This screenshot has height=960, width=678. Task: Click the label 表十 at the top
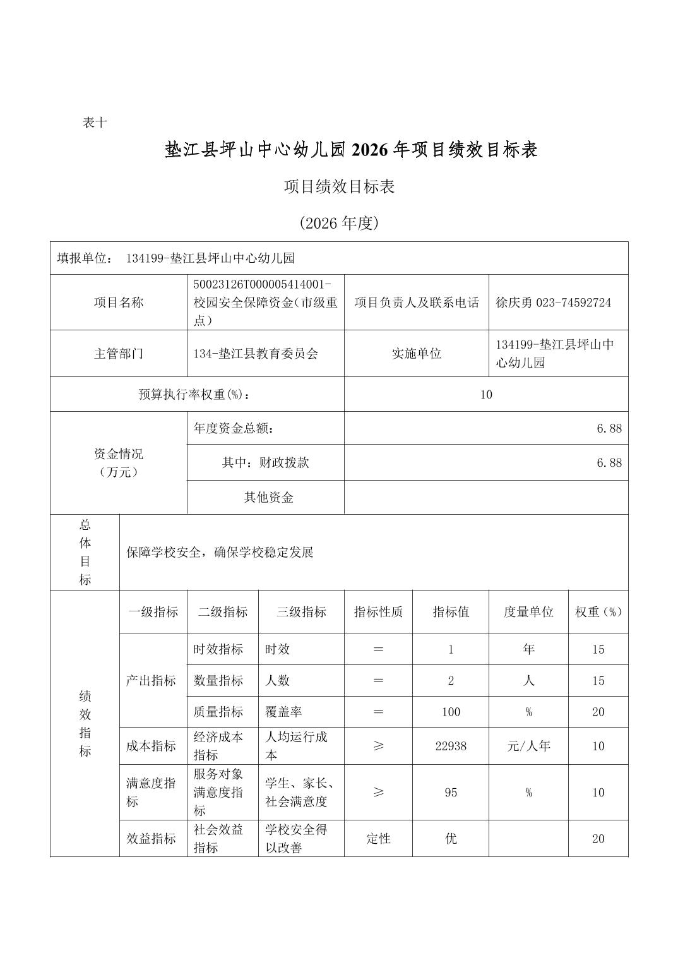(95, 123)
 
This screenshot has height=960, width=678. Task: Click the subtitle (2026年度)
(339, 223)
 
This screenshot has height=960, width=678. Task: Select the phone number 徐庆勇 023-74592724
(553, 303)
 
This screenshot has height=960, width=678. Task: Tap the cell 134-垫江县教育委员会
(256, 354)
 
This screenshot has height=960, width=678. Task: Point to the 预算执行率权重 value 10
(485, 395)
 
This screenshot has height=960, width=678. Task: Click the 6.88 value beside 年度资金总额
(609, 428)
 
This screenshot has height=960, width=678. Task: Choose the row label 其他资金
(268, 497)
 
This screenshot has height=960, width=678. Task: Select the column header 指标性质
(378, 611)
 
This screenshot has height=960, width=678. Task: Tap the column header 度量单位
(528, 611)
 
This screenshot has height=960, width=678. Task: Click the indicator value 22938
(451, 746)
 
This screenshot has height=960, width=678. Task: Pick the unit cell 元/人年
(528, 746)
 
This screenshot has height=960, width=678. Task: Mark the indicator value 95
(451, 792)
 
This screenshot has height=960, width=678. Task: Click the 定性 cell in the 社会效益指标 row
(378, 838)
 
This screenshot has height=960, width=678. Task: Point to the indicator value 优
(451, 838)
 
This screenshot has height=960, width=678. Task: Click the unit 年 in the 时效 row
(528, 649)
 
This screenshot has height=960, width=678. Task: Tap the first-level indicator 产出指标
(151, 680)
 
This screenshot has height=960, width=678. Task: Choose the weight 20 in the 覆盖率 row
(598, 712)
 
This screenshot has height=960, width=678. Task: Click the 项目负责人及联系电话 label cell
(417, 303)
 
